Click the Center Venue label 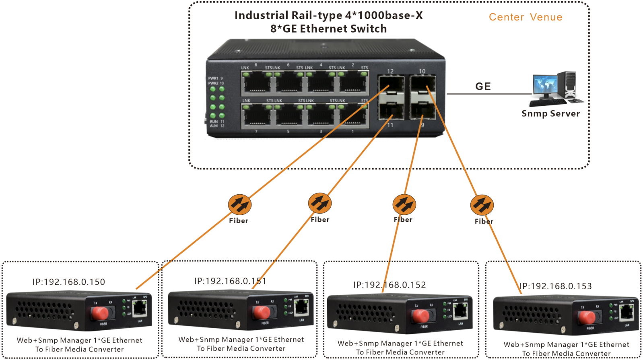(525, 17)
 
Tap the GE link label (483, 86)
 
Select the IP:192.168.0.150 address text (69, 282)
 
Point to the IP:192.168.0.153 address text (556, 286)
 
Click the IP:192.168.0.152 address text (390, 285)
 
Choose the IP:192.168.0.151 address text (230, 281)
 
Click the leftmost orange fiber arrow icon (240, 204)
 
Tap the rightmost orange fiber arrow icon (482, 205)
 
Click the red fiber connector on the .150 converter (100, 312)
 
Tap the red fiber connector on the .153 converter (587, 318)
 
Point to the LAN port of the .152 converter (461, 311)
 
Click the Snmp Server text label (550, 114)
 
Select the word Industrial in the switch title (262, 16)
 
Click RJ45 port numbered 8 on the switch (257, 82)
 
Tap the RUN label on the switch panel (214, 121)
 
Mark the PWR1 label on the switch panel (213, 78)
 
